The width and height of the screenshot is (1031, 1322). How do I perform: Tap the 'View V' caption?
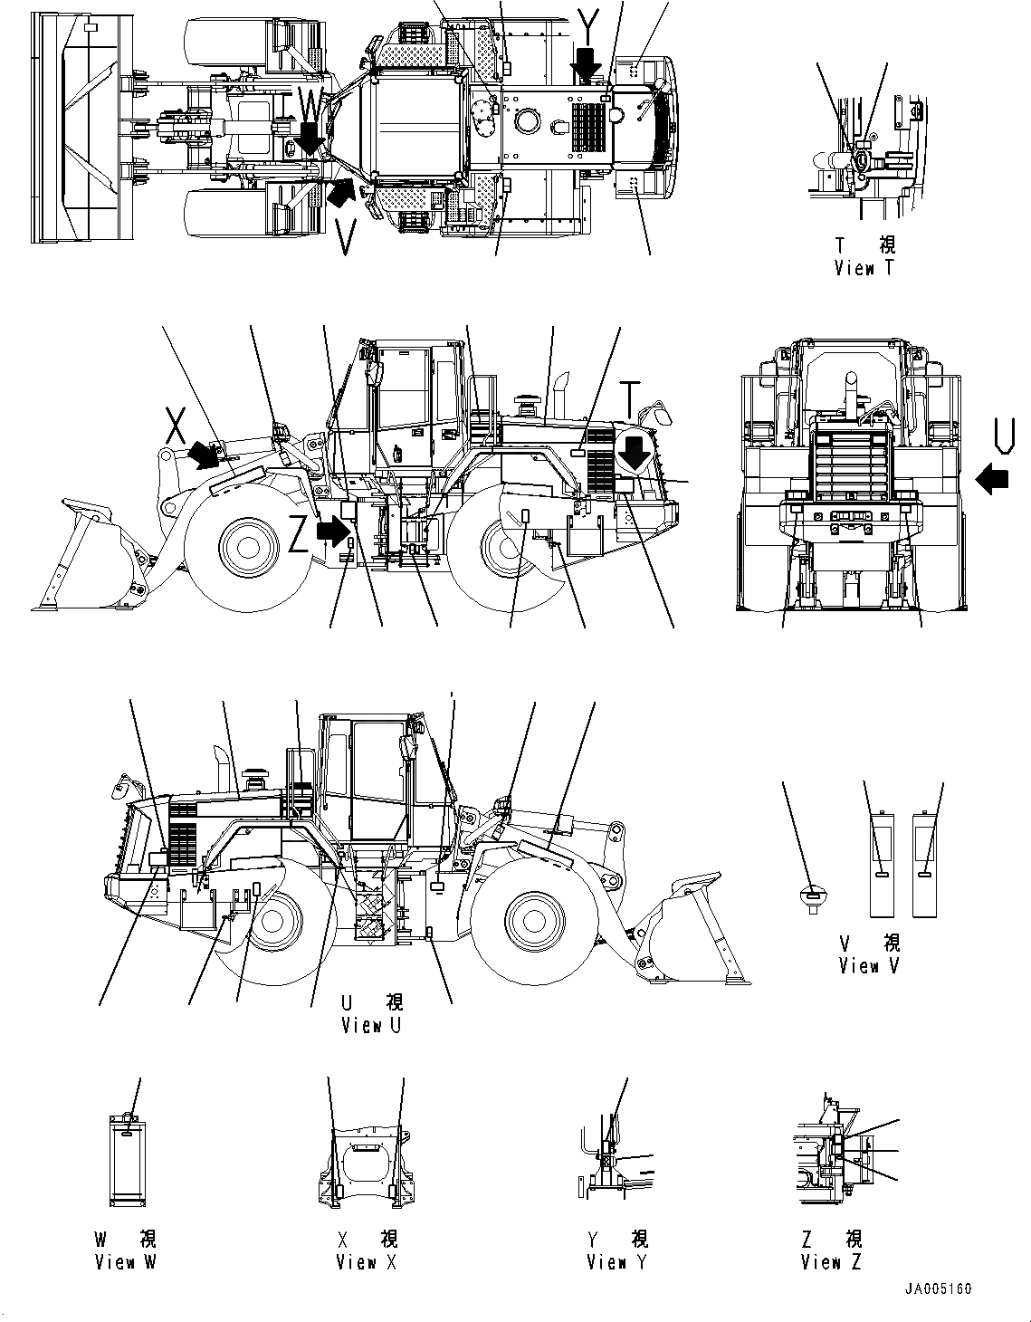[x=870, y=966]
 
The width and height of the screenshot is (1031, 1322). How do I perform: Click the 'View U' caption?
[x=371, y=1025]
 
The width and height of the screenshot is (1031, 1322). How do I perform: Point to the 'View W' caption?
[x=125, y=1262]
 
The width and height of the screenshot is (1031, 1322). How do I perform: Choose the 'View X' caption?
[x=367, y=1262]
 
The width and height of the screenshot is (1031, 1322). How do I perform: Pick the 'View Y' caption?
[x=617, y=1262]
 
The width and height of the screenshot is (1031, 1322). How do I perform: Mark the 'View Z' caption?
[x=831, y=1262]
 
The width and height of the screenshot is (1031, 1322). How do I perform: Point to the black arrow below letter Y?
[x=587, y=66]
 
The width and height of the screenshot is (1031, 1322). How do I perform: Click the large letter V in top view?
[x=345, y=236]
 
